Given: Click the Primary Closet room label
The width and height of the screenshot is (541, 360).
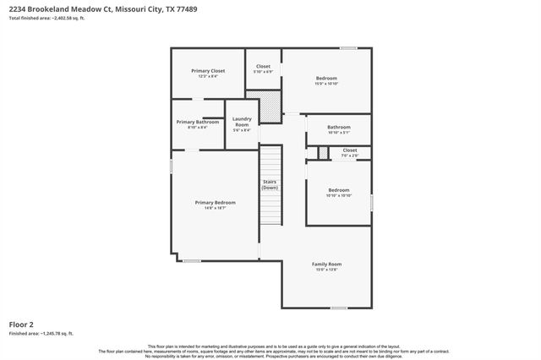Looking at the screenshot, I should click(x=208, y=71).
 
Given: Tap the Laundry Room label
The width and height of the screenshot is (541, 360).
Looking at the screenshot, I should click(x=242, y=122).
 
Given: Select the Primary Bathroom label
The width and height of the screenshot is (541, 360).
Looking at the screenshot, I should click(x=198, y=122).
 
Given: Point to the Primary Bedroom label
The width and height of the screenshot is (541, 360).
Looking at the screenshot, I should click(x=215, y=203).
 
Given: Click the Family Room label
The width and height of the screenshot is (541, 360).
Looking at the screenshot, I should click(x=327, y=265).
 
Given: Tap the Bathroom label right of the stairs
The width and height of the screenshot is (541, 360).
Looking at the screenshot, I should click(x=339, y=128).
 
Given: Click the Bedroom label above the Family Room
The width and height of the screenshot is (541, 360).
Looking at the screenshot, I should click(x=339, y=190).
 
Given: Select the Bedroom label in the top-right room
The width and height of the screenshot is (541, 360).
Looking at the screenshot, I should click(x=326, y=78).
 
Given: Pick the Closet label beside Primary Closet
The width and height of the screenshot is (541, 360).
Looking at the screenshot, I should click(x=264, y=66).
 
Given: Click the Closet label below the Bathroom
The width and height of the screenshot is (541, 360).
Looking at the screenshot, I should click(x=350, y=150).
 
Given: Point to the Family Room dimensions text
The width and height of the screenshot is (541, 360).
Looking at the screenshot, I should click(x=327, y=270).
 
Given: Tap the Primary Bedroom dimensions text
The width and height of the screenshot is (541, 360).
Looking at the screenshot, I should click(x=215, y=209).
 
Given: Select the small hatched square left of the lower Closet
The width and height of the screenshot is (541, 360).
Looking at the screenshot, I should click(x=323, y=152).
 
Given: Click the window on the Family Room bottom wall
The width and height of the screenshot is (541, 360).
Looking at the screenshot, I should click(x=339, y=308).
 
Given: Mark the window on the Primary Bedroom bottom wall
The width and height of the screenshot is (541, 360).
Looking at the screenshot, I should click(x=192, y=261).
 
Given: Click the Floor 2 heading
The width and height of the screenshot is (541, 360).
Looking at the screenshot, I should click(x=21, y=324).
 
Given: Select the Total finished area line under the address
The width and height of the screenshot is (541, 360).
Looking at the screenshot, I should click(x=47, y=19).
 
